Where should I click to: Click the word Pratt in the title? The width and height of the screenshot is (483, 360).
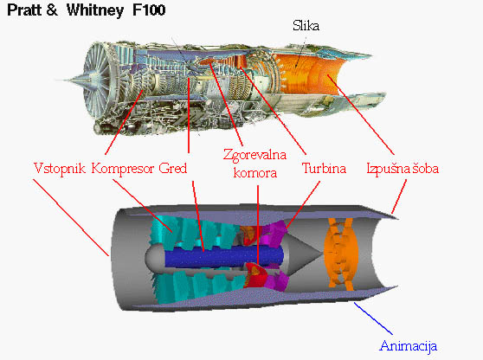24,10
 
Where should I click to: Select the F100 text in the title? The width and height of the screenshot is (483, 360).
149,10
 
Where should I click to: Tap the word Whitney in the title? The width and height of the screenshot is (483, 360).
95,10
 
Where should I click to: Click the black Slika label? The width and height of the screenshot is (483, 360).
306,26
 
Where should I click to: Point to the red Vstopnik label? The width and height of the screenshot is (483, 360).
60,169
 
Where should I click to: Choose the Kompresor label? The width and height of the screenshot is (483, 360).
123,169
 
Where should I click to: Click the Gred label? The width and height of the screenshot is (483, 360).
173,169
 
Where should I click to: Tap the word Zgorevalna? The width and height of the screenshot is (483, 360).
254,155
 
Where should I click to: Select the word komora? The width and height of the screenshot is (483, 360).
255,173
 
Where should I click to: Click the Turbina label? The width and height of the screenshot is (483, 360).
324,169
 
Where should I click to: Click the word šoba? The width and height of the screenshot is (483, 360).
426,169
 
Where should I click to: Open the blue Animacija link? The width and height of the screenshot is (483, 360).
409,346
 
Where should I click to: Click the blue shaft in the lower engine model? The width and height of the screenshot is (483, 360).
224,256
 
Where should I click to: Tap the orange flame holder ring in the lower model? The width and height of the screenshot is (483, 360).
341,254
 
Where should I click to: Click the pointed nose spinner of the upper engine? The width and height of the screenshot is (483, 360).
74,80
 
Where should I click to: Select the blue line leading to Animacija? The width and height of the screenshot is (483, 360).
373,318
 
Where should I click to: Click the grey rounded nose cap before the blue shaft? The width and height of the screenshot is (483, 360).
155,256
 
